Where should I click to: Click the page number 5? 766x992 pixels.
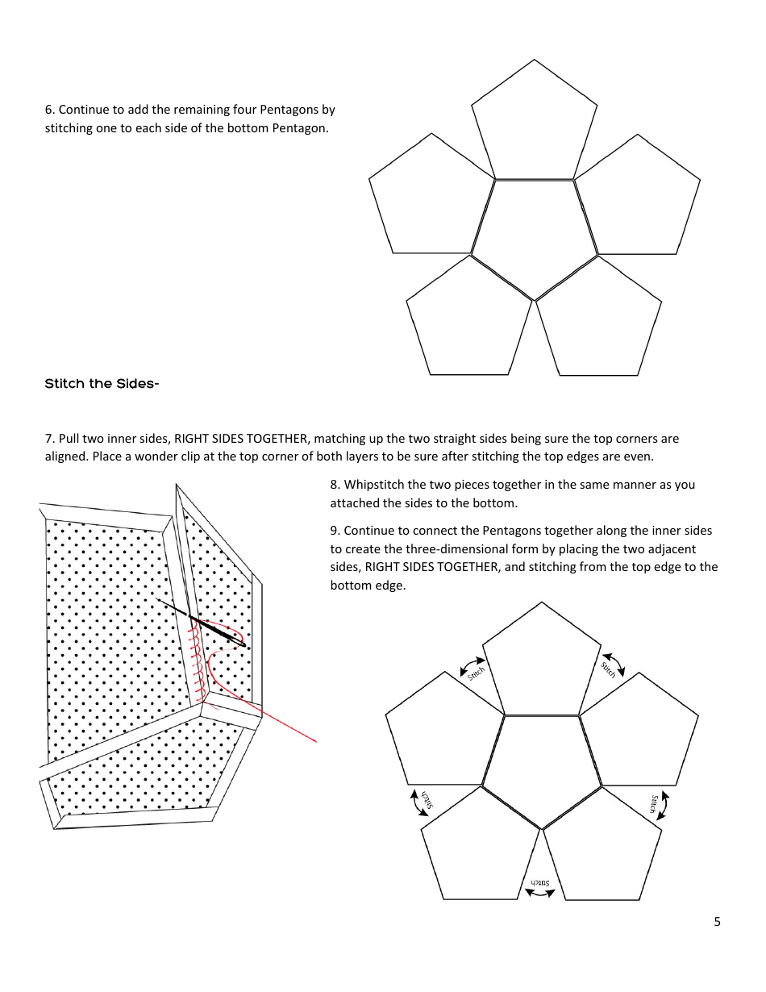[x=717, y=922]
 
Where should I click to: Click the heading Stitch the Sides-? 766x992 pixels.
[x=102, y=384]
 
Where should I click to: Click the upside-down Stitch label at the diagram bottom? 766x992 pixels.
[x=539, y=884]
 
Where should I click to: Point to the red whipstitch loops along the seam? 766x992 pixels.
[x=195, y=653]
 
